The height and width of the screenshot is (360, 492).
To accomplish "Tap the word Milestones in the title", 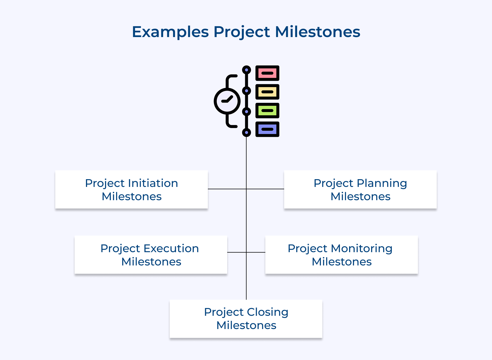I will (318, 32).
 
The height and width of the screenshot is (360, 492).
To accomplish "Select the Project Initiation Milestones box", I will (132, 189).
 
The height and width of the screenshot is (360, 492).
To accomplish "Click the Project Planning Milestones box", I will (360, 189).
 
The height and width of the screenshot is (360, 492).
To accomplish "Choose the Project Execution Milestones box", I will (151, 255).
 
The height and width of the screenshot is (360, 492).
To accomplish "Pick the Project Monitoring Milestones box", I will (341, 255).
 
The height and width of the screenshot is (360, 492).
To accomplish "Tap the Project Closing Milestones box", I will (246, 319).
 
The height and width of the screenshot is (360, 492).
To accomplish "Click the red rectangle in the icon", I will (267, 73).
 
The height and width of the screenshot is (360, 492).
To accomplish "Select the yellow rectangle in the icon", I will (267, 92).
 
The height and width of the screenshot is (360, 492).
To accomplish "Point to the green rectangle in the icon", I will (267, 111).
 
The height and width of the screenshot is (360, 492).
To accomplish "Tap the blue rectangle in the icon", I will (267, 129).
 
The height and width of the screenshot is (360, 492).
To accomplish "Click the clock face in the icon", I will (227, 101).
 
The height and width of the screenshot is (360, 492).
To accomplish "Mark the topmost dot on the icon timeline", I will (246, 70).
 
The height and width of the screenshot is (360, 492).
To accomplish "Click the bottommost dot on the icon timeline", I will (246, 132).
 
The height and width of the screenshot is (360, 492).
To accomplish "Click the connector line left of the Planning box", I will (265, 189).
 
